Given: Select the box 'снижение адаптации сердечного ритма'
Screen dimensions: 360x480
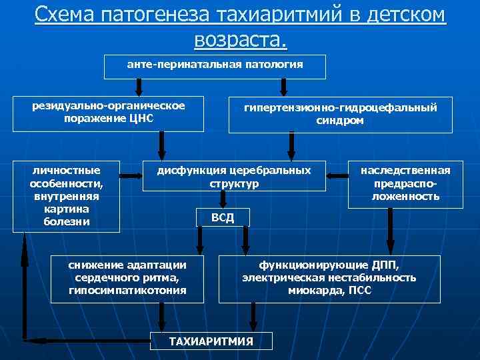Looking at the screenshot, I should pyautogui.click(x=127, y=277).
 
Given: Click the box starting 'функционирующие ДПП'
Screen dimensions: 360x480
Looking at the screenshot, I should pyautogui.click(x=329, y=277).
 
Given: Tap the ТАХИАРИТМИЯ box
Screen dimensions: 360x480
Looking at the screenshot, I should pyautogui.click(x=211, y=341).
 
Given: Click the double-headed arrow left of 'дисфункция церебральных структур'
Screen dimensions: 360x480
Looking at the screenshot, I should pyautogui.click(x=131, y=176).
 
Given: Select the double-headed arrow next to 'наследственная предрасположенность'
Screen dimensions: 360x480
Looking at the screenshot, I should pyautogui.click(x=339, y=176).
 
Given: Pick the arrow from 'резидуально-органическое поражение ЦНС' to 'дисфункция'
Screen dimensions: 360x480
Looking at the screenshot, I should pyautogui.click(x=161, y=144).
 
